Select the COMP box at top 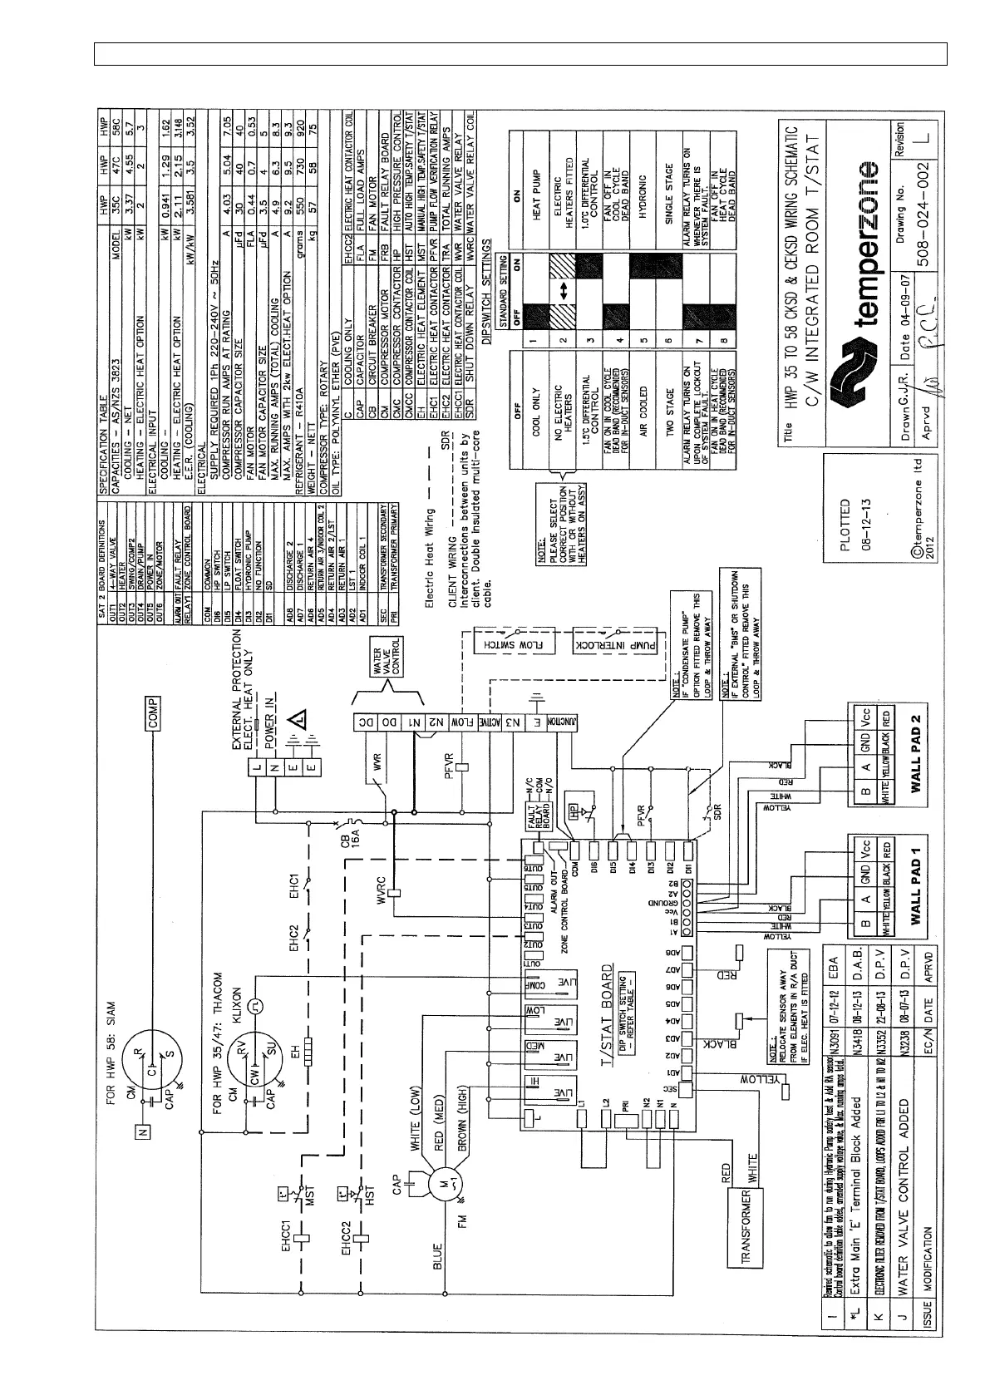(x=155, y=712)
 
